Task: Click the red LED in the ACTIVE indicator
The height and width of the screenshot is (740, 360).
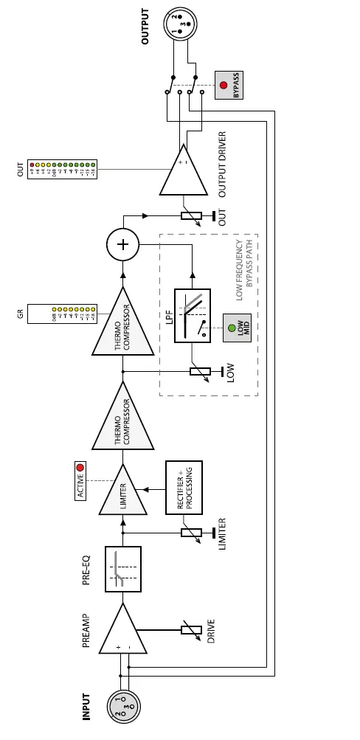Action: (80, 467)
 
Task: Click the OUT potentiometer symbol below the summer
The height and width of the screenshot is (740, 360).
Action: (191, 216)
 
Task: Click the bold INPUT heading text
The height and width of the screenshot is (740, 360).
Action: (87, 706)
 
